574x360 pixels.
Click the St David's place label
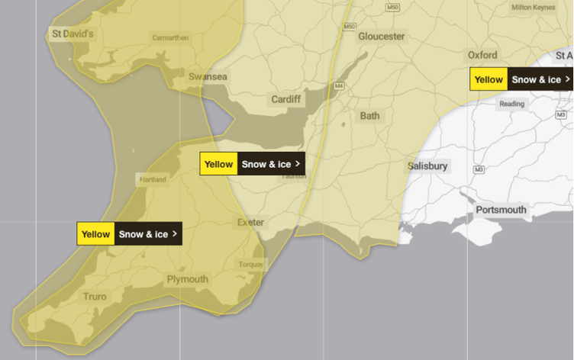73,34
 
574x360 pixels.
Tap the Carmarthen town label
170,37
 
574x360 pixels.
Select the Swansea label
208,77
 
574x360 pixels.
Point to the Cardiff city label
286,100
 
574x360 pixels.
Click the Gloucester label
382,37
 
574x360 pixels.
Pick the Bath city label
369,116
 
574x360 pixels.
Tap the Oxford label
482,55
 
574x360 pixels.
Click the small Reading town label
512,104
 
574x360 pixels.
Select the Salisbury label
428,166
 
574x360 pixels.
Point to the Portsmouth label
501,210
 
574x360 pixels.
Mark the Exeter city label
250,223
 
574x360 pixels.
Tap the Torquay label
251,265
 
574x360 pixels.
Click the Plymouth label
187,279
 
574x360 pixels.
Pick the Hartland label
151,180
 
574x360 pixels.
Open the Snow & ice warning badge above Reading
521,79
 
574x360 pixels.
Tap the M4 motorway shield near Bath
339,86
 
